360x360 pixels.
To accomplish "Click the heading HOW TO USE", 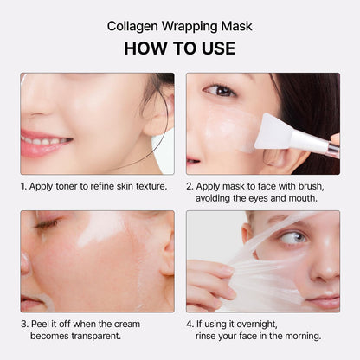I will coord(180,48).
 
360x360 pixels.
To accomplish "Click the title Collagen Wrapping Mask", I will coord(180,25).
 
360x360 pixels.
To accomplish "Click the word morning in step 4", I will coord(297,336).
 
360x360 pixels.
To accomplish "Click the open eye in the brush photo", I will coord(220,91).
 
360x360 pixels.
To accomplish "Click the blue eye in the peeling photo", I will coord(292,236).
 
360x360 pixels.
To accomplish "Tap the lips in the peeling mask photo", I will coord(323,301).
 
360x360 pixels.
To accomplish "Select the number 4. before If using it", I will coord(190,323).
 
